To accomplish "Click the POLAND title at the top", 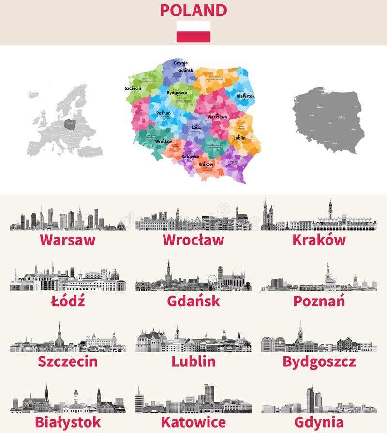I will point(193,10).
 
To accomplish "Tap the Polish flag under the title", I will point(193,31).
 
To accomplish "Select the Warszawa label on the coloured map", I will point(217,117).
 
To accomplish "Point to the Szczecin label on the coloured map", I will point(133,89).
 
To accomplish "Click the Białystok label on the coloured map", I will point(246,96).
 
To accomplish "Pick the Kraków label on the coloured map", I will point(206,164).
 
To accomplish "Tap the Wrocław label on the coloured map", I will point(164,141).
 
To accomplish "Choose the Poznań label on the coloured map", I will point(164,113).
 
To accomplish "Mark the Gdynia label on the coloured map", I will point(180,63).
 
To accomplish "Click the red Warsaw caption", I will point(67,240).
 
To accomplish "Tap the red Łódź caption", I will point(67,301).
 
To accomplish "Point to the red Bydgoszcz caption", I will point(319,361).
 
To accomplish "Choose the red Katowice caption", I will point(193,422).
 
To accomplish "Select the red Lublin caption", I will point(193,361).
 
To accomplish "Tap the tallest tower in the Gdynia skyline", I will point(310,399).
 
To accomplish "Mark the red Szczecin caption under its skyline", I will point(67,361).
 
